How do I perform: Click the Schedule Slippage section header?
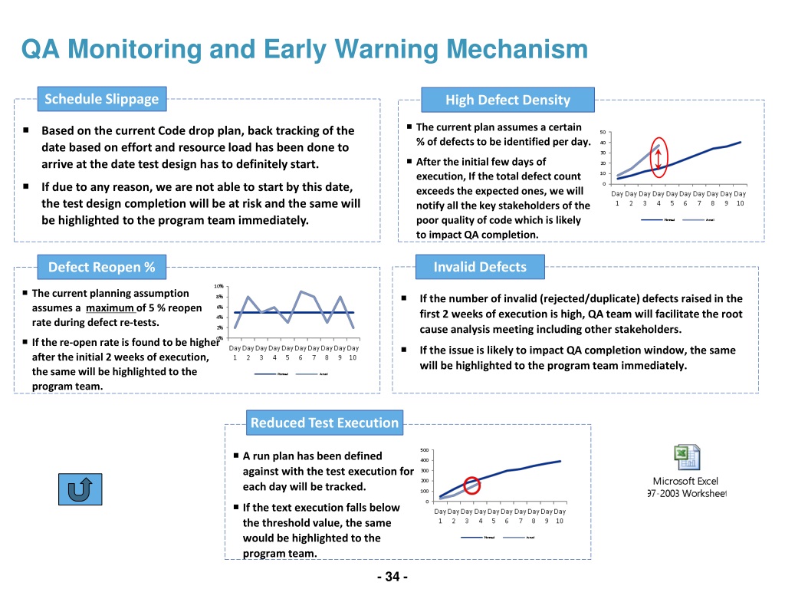pyautogui.click(x=101, y=98)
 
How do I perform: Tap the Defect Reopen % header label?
pyautogui.click(x=101, y=267)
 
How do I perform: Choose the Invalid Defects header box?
pyautogui.click(x=480, y=267)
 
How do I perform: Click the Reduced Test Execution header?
pyautogui.click(x=324, y=423)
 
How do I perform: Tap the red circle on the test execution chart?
pyautogui.click(x=471, y=485)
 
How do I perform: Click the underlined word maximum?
pyautogui.click(x=110, y=308)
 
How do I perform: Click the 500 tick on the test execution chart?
pyautogui.click(x=425, y=450)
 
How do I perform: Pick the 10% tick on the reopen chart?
pyautogui.click(x=218, y=287)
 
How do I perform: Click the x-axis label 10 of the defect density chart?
pyautogui.click(x=740, y=203)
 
